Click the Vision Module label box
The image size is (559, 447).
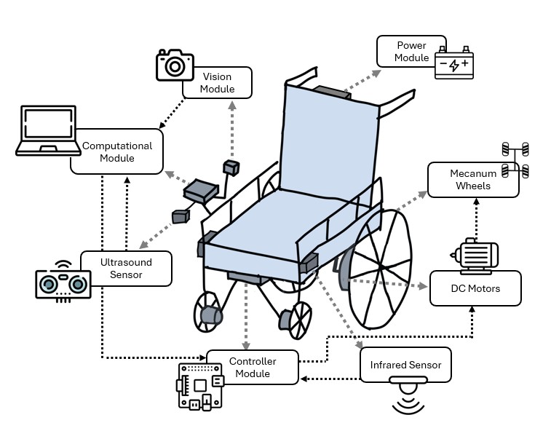[x=218, y=82]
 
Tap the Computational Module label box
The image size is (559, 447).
[x=117, y=151]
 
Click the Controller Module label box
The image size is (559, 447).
[x=252, y=367]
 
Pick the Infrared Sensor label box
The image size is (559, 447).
[x=405, y=364]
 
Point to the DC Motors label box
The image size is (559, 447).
[x=475, y=288]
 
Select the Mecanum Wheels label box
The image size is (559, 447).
[x=473, y=179]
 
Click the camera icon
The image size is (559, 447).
[x=175, y=65]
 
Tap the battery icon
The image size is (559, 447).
[x=454, y=65]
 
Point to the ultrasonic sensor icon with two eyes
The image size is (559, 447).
[x=63, y=280]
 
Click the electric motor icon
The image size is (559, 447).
[x=474, y=256]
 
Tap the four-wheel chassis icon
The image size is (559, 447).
[x=515, y=161]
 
